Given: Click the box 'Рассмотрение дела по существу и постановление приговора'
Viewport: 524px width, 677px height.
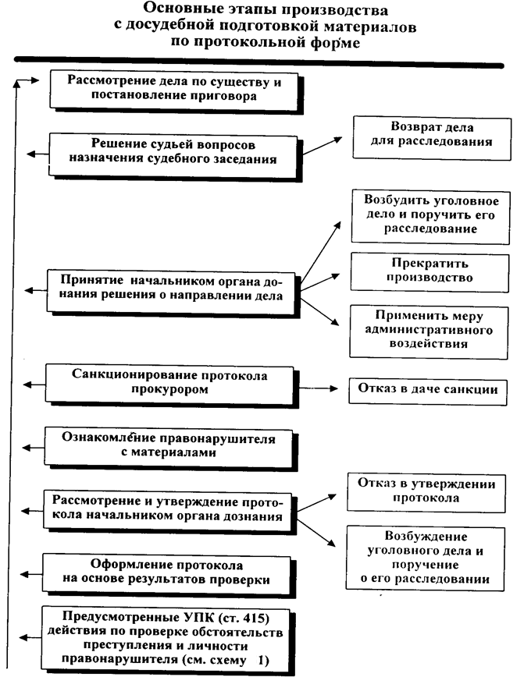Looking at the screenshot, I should (x=174, y=90).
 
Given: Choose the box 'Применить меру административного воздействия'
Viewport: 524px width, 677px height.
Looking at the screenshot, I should (x=426, y=329).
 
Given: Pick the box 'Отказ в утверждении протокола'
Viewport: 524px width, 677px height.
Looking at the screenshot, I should (x=426, y=491).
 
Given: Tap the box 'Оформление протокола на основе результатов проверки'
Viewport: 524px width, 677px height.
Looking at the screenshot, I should (x=166, y=573).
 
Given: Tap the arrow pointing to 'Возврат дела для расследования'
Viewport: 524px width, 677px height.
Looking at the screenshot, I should (x=322, y=147).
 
